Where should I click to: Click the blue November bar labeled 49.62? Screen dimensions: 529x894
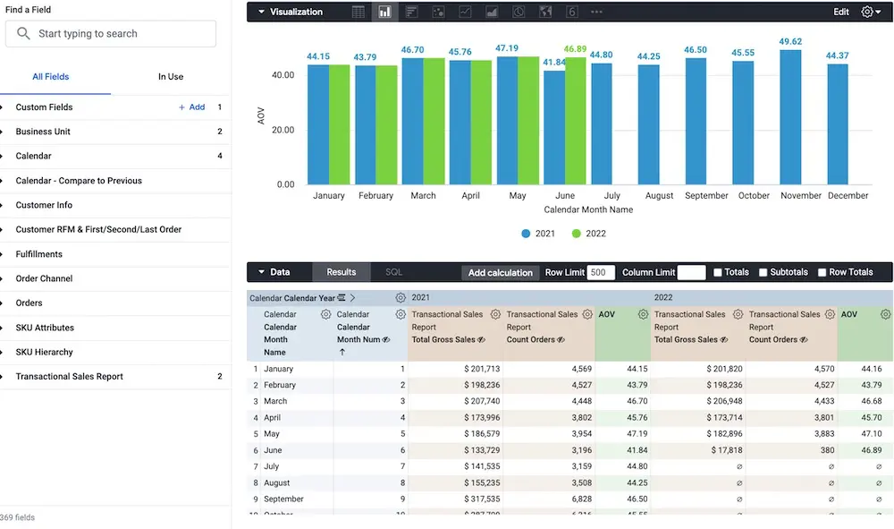(x=790, y=117)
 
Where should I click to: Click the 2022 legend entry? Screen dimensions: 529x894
(x=589, y=234)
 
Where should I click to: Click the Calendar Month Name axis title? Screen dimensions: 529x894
(x=588, y=209)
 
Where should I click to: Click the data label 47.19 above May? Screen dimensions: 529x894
(x=507, y=48)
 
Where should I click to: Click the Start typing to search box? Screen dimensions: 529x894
(x=111, y=34)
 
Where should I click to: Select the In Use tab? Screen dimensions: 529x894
(x=171, y=77)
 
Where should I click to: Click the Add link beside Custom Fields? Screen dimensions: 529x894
(x=192, y=107)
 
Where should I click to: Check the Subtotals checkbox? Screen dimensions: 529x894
(x=763, y=272)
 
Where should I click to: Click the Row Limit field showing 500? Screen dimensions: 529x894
(x=601, y=272)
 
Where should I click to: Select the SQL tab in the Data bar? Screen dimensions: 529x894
(x=393, y=272)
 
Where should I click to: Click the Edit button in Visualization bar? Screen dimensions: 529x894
(x=841, y=12)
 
